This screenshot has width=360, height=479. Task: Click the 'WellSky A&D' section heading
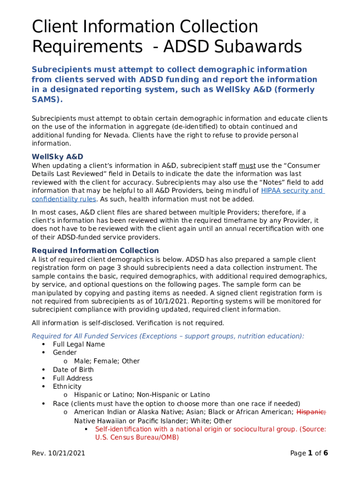[57, 156]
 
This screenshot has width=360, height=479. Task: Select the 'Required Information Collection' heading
[95, 250]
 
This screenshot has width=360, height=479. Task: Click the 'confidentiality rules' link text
[64, 199]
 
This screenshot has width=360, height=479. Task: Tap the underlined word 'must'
[247, 165]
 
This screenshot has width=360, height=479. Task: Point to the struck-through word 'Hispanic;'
[311, 412]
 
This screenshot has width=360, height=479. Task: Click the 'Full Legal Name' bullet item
[79, 344]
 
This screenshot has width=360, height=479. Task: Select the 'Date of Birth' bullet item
[73, 370]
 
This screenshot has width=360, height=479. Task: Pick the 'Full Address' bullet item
[72, 378]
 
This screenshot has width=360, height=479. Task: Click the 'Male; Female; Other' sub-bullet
[107, 361]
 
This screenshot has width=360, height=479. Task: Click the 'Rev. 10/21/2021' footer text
[58, 453]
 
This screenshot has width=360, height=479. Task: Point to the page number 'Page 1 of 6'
[309, 453]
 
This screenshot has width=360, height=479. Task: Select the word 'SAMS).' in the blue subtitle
[47, 100]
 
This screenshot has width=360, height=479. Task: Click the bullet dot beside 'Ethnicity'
[43, 386]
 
